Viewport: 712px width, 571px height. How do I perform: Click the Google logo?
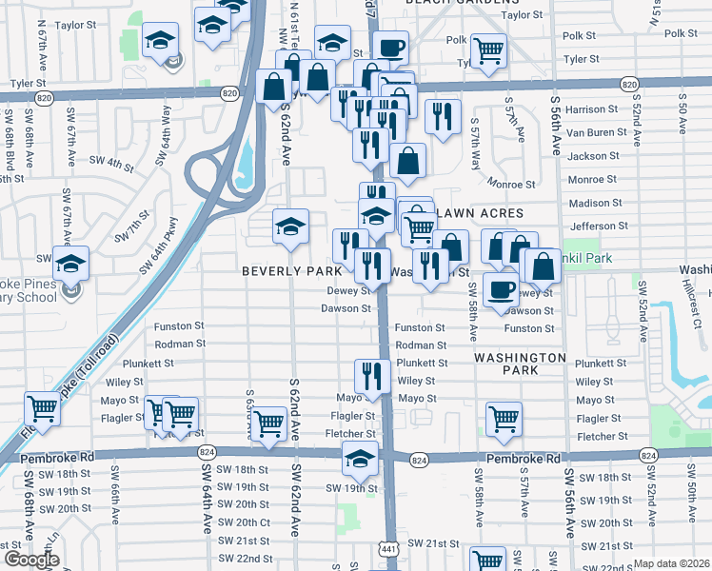pyautogui.click(x=31, y=560)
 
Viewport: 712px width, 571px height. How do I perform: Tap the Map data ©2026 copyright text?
pyautogui.click(x=671, y=563)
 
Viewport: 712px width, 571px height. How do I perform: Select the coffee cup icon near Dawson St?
pyautogui.click(x=501, y=288)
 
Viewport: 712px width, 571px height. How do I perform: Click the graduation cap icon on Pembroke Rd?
pyautogui.click(x=360, y=458)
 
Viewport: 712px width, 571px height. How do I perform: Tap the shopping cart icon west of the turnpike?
pyautogui.click(x=43, y=408)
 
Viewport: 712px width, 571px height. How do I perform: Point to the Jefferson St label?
pyautogui.click(x=592, y=226)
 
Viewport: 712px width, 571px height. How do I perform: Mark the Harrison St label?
pyautogui.click(x=592, y=109)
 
